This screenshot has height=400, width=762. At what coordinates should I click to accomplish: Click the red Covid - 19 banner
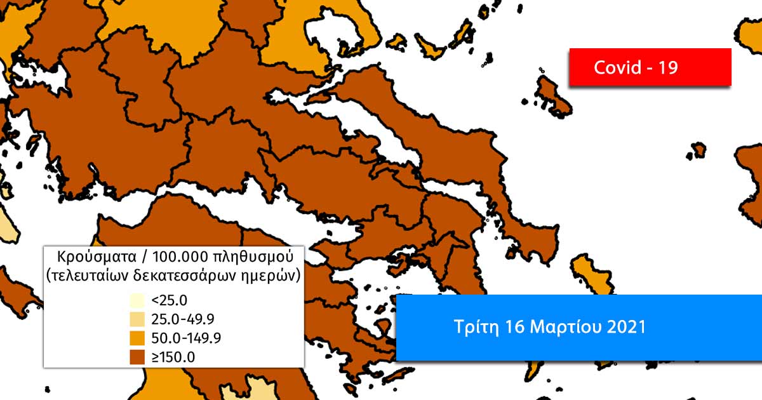click(x=650, y=67)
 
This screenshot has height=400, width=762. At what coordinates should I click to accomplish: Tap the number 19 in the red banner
click(x=667, y=67)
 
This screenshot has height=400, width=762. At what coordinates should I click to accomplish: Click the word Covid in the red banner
click(x=617, y=67)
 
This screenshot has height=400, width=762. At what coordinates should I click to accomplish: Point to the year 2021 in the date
click(x=625, y=328)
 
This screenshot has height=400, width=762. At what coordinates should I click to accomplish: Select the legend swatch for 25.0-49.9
click(x=137, y=319)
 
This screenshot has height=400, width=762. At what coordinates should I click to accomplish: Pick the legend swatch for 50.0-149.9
click(x=137, y=338)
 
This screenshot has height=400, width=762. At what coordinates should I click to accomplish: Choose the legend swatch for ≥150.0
click(x=137, y=357)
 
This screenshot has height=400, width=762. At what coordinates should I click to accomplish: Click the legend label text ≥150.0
click(x=173, y=357)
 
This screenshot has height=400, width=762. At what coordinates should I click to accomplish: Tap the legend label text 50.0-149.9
click(x=183, y=338)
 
